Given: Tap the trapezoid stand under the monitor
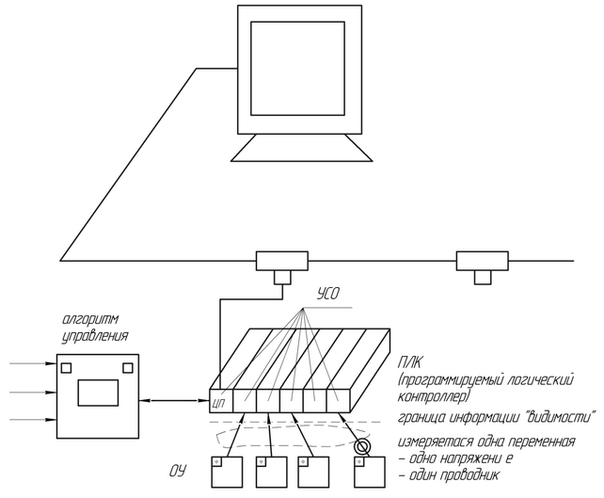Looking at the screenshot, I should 296,148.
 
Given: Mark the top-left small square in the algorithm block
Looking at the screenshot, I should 67,367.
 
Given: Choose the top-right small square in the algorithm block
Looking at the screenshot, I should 128,367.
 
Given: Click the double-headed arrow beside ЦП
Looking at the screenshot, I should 178,402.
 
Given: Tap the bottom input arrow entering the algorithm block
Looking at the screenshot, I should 34,419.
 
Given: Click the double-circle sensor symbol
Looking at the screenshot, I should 361,446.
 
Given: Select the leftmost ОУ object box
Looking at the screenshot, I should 226,471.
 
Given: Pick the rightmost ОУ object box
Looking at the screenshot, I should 371,471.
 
